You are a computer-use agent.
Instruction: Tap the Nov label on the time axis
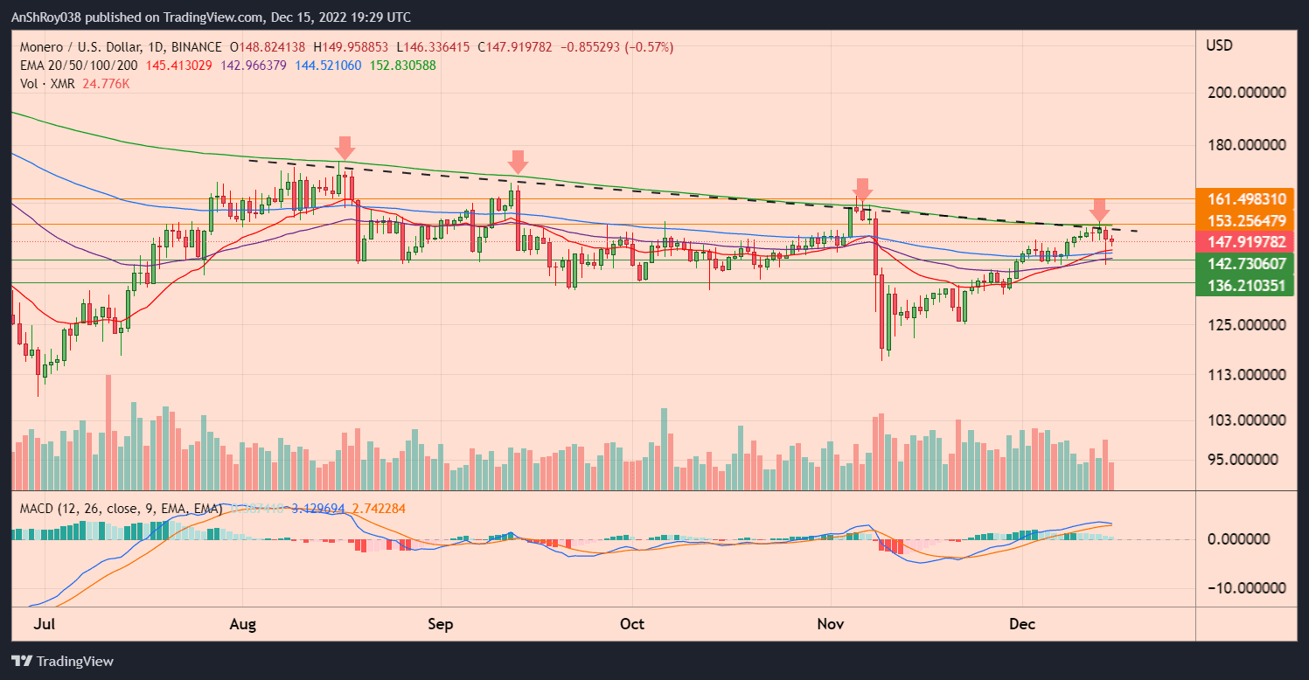(830, 624)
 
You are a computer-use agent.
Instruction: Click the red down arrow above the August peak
(345, 148)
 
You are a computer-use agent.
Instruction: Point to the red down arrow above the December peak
(1099, 210)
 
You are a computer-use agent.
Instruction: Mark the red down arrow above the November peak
(862, 190)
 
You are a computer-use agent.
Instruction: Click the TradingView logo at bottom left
(62, 661)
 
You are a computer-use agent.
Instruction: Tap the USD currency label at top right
(1219, 45)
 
